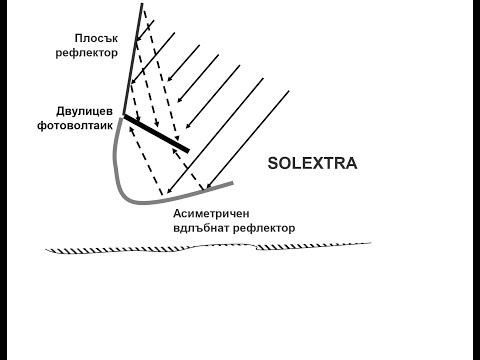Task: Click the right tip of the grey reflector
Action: (x=233, y=182)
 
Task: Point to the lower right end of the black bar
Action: (x=188, y=150)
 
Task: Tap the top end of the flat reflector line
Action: (x=141, y=5)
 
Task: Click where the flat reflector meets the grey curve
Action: (x=123, y=116)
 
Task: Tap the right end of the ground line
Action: (x=372, y=241)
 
